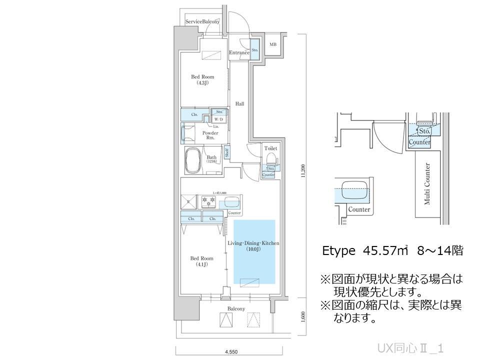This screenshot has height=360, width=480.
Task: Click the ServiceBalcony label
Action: [x=202, y=22]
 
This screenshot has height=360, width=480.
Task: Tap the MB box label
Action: [x=273, y=44]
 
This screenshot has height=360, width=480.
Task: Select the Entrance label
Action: [x=239, y=52]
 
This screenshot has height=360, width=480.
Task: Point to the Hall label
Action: [x=240, y=104]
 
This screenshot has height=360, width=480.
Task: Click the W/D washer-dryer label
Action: [x=219, y=119]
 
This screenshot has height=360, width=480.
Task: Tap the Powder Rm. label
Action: [x=210, y=135]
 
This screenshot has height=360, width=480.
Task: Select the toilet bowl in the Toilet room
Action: [x=271, y=158]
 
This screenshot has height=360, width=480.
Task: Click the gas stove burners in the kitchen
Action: [x=208, y=202]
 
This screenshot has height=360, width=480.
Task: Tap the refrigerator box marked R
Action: [x=188, y=202]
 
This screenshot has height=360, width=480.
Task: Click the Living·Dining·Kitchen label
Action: [x=253, y=245]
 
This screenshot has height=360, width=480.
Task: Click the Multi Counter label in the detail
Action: [x=428, y=184]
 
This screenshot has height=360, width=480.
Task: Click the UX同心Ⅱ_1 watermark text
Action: [x=411, y=348]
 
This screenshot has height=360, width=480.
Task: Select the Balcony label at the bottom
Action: [x=236, y=308]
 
